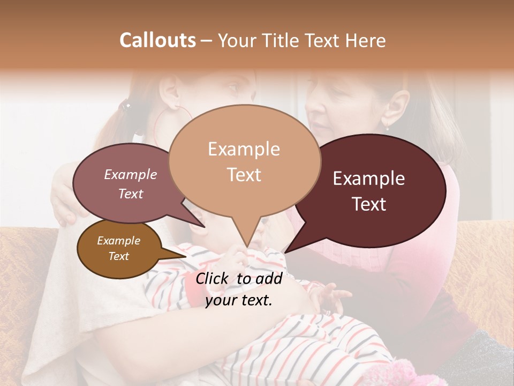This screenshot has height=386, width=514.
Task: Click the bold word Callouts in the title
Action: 157,40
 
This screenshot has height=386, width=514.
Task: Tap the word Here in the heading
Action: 366,40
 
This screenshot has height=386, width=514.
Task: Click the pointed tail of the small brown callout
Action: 185,256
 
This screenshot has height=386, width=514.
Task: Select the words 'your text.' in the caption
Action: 239,300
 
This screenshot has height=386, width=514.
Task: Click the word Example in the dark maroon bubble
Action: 368,179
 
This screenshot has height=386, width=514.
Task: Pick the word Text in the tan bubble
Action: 244,175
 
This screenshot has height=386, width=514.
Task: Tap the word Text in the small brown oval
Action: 119,256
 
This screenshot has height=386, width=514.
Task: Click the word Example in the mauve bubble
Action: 130,175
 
